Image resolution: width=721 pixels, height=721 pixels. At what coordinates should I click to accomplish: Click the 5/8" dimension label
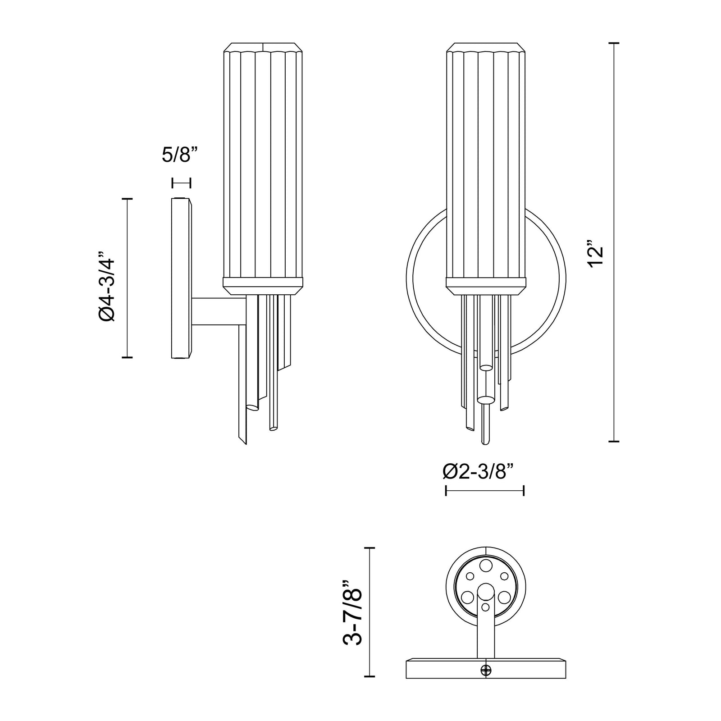180,155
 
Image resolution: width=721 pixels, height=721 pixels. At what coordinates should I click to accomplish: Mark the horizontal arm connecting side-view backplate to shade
219,311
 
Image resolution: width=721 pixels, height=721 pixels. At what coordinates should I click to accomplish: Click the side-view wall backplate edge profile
182,278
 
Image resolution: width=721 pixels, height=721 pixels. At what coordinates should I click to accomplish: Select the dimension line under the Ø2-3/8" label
485,490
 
